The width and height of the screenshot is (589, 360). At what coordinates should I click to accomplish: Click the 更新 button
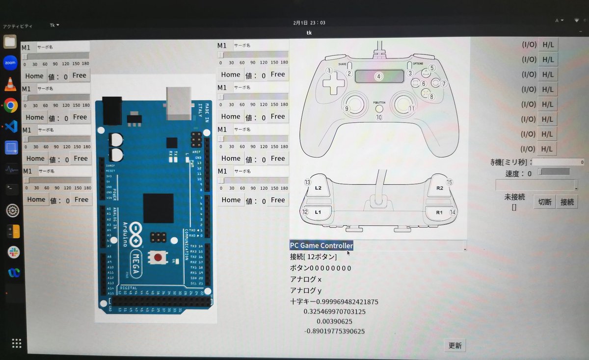click(x=455, y=345)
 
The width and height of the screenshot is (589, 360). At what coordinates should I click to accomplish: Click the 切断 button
click(x=544, y=202)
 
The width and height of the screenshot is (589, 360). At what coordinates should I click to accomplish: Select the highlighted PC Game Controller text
click(x=321, y=246)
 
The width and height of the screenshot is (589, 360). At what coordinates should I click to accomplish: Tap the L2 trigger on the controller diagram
click(x=318, y=188)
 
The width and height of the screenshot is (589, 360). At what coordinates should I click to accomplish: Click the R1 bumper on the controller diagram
click(x=439, y=212)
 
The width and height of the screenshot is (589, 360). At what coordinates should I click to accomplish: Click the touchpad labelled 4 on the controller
click(x=378, y=76)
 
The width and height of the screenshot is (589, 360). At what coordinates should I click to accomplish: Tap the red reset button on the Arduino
click(x=158, y=257)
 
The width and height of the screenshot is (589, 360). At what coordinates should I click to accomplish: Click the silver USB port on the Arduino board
click(x=179, y=103)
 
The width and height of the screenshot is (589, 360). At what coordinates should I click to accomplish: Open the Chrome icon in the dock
click(x=11, y=105)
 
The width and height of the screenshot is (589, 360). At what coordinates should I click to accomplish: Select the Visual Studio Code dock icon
click(x=11, y=126)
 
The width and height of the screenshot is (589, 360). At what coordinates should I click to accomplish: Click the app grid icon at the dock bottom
click(x=16, y=343)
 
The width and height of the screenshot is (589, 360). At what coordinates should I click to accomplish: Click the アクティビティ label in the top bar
click(x=18, y=26)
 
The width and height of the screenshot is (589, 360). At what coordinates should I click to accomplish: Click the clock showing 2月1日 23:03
click(x=309, y=23)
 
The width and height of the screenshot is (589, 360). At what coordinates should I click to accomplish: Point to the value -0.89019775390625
click(x=335, y=331)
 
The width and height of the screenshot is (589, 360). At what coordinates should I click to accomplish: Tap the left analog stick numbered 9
click(x=355, y=103)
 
